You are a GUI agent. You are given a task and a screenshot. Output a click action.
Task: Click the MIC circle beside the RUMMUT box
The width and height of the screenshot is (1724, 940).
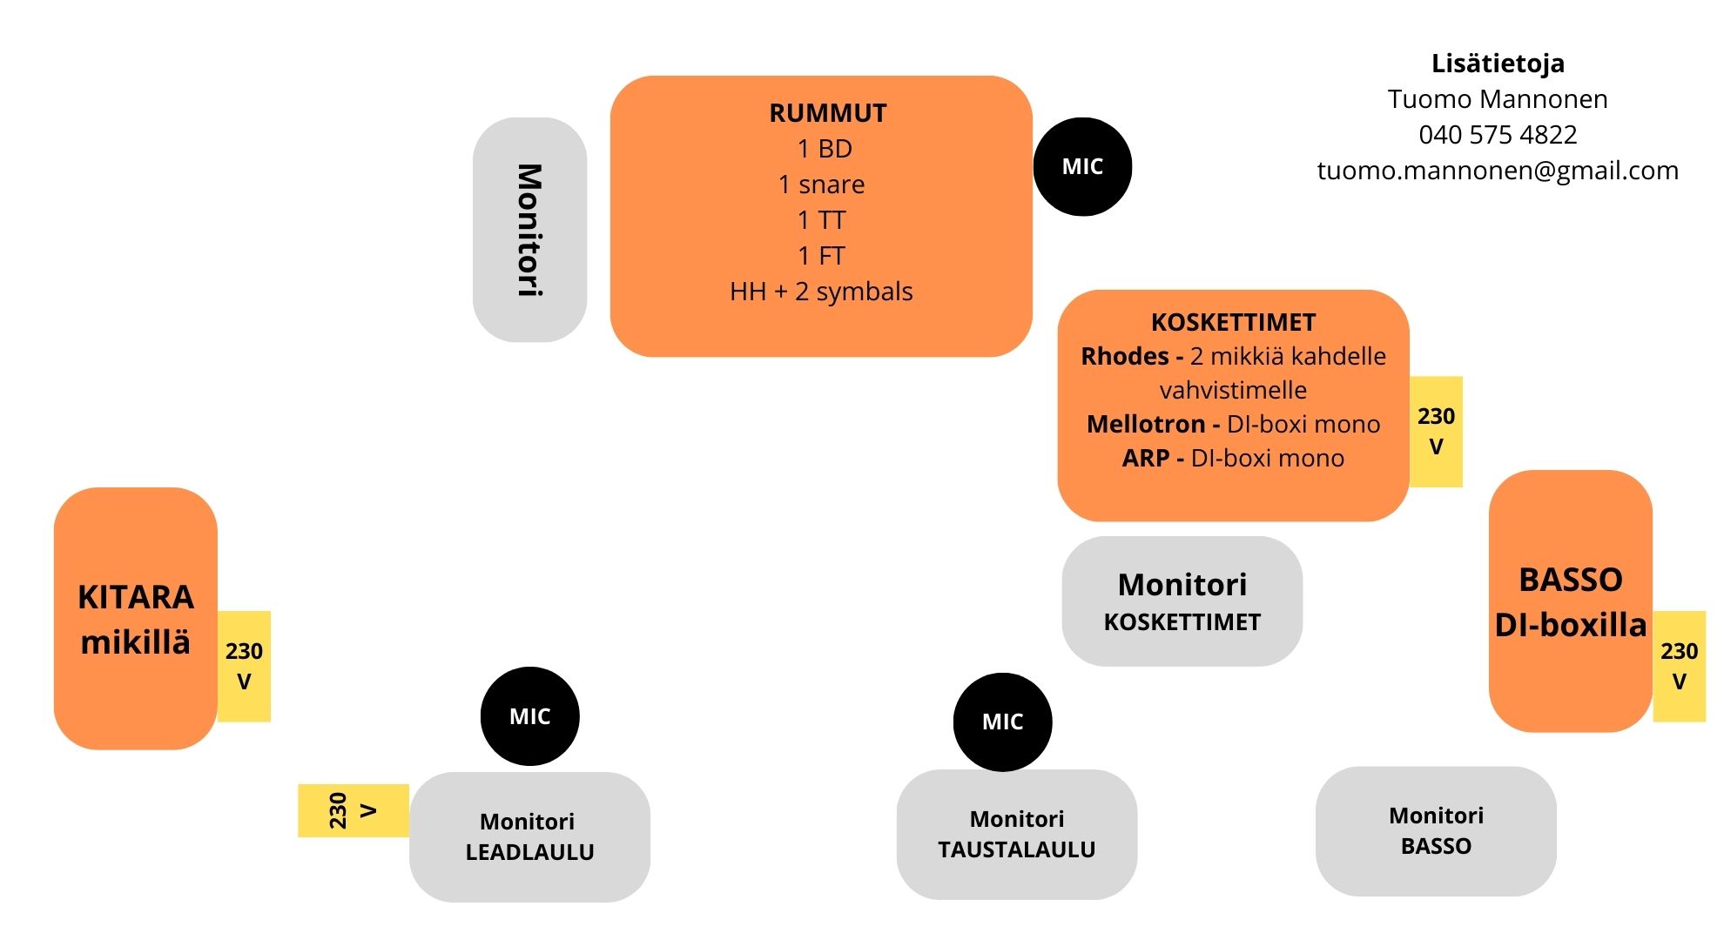(1082, 166)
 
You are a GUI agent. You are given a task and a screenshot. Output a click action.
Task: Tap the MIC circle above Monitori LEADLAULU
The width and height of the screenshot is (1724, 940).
(529, 716)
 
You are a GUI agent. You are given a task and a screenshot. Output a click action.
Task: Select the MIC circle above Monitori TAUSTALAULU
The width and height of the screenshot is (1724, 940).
(1002, 722)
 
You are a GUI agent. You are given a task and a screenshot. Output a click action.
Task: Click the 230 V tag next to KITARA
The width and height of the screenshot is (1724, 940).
(244, 666)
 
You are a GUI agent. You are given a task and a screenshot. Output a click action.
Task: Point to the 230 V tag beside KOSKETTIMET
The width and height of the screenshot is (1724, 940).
(1436, 431)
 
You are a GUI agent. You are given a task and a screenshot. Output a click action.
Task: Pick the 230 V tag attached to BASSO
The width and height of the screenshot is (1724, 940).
(1679, 666)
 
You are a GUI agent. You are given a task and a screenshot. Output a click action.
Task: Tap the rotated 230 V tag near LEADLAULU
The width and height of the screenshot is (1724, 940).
(354, 810)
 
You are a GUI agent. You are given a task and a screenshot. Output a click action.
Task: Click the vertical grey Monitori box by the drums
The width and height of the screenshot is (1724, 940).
(529, 230)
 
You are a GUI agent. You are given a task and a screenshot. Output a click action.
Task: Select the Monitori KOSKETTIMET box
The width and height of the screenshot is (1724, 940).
(1182, 601)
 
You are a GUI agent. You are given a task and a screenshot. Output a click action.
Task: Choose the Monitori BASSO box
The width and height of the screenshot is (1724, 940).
(1436, 831)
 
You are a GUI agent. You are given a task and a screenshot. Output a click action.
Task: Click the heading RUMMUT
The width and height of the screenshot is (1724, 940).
(828, 113)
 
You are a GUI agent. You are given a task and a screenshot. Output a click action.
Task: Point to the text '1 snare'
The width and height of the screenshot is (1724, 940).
(821, 185)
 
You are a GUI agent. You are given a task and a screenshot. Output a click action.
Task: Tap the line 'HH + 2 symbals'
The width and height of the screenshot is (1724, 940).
(821, 292)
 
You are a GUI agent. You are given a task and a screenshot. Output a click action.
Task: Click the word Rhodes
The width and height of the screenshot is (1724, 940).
(1125, 356)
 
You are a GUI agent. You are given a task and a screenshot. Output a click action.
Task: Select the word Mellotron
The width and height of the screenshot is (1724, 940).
(1146, 424)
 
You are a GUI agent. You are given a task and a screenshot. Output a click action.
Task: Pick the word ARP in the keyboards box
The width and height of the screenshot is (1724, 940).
(1146, 458)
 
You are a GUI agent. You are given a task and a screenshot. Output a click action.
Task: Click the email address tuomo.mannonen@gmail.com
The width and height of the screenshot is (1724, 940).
(1498, 171)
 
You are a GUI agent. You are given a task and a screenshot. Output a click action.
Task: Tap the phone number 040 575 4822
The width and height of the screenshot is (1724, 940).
(1498, 135)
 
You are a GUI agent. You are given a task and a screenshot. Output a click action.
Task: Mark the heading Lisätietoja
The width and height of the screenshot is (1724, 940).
(1498, 64)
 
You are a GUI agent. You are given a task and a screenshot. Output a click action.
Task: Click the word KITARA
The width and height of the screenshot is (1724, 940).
(136, 597)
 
